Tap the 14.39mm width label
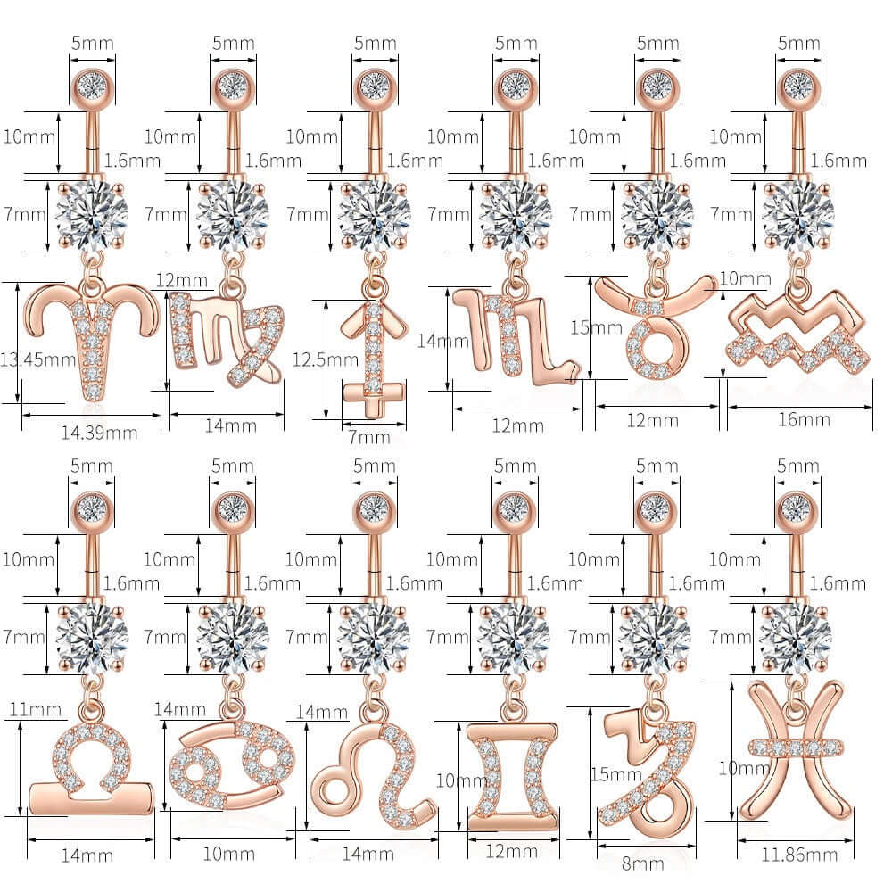pos(100,434)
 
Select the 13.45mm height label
pos(37,359)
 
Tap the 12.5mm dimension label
pos(325,359)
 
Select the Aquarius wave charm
pos(797,331)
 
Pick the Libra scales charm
pos(91,768)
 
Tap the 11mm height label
pos(36,709)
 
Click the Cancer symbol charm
pos(232,764)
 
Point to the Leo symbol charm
pos(374,773)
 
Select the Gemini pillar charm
pos(513,777)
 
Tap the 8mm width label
pos(642,863)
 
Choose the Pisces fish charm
pos(796,751)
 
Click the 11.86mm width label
pos(799,855)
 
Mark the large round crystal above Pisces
pos(796,637)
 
